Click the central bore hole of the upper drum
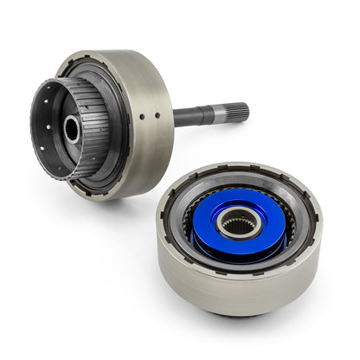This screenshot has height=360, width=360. coord(71,131)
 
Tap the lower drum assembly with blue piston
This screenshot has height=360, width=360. coord(238,251)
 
